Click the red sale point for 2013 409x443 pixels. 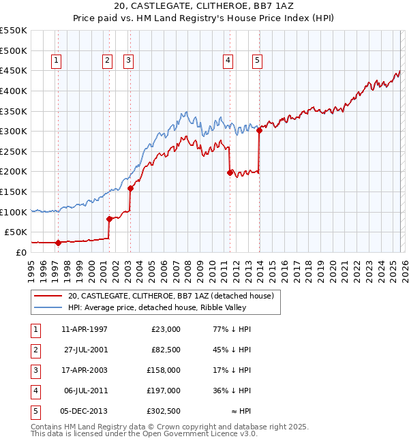coord(259,130)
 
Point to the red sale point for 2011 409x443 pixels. coord(230,172)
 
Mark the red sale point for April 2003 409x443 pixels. coord(130,188)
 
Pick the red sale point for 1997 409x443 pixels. coord(58,242)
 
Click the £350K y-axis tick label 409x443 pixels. coord(14,111)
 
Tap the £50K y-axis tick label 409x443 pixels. coord(16,232)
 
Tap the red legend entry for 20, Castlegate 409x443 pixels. coord(170,296)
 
